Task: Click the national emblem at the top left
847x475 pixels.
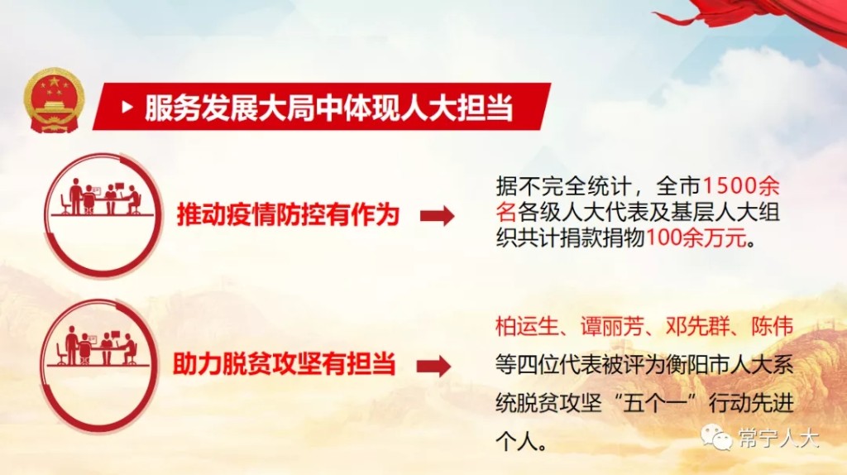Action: coord(54,100)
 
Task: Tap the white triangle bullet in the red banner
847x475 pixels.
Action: coord(127,107)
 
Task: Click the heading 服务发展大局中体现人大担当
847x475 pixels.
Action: coord(328,108)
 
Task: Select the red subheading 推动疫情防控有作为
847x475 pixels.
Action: coord(288,214)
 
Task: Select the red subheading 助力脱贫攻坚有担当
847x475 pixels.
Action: coord(285,363)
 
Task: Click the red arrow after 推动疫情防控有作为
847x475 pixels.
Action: coord(438,216)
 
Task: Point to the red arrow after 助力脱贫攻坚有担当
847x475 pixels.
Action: coord(433,366)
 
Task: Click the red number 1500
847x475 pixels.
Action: coord(729,186)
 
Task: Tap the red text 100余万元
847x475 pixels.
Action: coord(696,237)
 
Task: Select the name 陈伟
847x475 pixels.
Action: coord(772,326)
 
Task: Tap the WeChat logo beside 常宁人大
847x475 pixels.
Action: coord(716,437)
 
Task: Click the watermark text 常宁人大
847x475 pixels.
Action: coord(778,439)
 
